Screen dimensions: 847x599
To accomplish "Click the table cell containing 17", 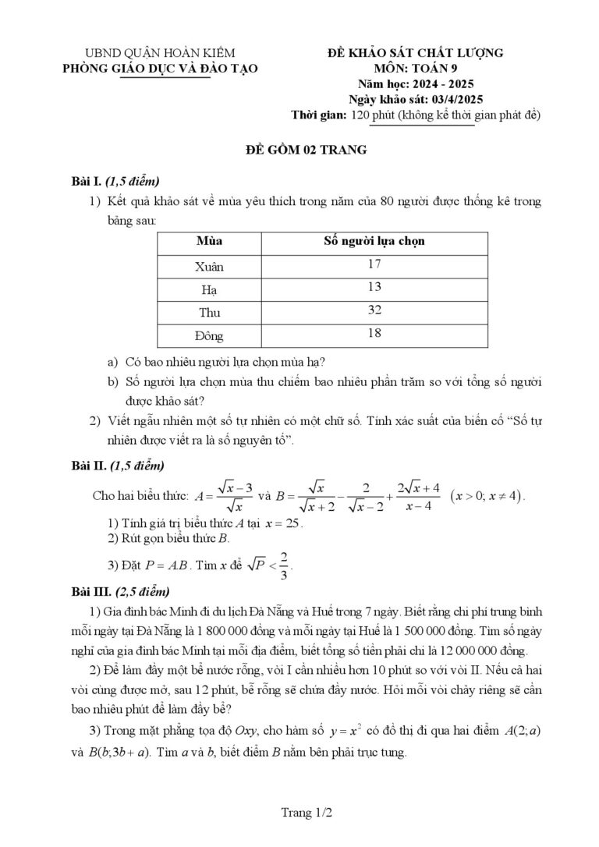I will coord(374,264).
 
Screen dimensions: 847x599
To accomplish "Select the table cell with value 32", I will coord(374,310).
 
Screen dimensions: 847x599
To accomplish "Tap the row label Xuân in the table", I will coord(209,266).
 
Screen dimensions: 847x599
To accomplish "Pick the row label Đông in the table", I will coord(209,336).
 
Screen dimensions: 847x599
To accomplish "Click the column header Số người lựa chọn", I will coord(374,241).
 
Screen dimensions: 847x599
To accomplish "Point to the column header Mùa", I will coord(209,241).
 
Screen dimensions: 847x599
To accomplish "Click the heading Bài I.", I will coord(87,182).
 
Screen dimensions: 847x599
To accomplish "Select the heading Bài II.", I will coord(89,466).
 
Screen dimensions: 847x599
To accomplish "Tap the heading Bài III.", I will coord(91,590).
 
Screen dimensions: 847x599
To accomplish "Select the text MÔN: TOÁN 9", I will coord(415,68).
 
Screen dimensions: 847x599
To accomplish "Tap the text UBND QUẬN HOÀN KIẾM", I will coord(160,52).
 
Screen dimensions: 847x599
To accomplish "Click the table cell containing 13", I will coord(374,287).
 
